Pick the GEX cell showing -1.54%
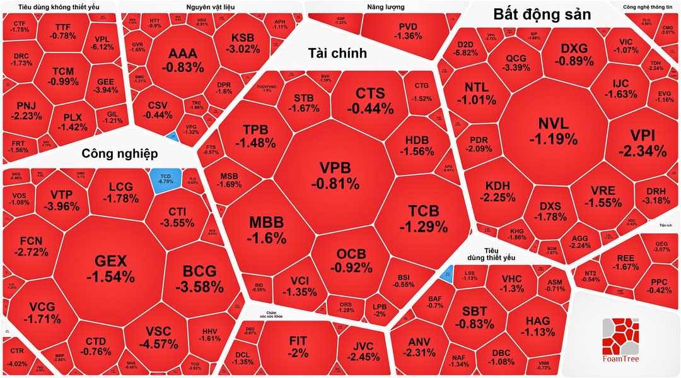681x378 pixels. pyautogui.click(x=110, y=268)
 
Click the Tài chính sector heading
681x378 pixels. pyautogui.click(x=337, y=53)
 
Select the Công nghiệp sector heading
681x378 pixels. pyautogui.click(x=119, y=153)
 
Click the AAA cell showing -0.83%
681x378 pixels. pyautogui.click(x=182, y=59)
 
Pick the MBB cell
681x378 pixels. pyautogui.click(x=267, y=230)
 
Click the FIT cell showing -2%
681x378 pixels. pyautogui.click(x=298, y=346)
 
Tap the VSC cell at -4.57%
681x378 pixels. pyautogui.click(x=162, y=338)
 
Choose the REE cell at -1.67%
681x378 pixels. pyautogui.click(x=626, y=263)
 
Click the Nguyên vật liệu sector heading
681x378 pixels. pyautogui.click(x=211, y=8)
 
